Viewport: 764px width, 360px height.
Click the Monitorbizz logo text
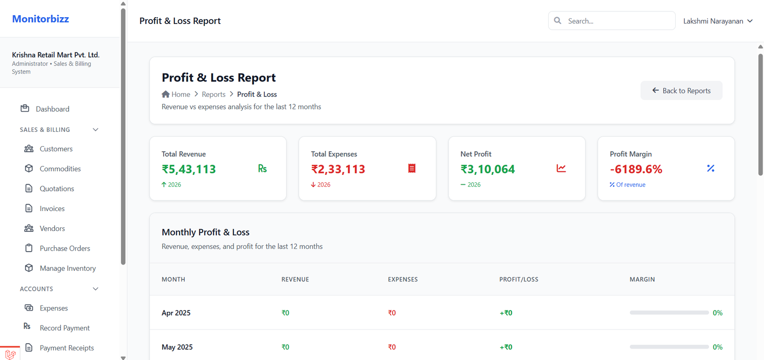[x=41, y=19]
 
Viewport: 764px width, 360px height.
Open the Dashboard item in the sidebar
[x=52, y=109]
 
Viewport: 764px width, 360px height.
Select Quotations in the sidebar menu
[x=56, y=189]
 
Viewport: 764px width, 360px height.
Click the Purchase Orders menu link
[x=64, y=248]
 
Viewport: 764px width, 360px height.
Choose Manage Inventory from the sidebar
[x=67, y=268]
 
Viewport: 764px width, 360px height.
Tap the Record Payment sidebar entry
[x=64, y=328]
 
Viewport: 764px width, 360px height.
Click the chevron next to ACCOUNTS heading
[x=95, y=289]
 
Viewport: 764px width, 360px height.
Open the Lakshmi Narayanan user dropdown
[x=717, y=21]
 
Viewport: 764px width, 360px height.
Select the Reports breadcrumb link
[x=213, y=95]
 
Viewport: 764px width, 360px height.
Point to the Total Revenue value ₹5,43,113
[x=189, y=169]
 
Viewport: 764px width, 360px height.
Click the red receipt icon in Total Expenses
[x=412, y=168]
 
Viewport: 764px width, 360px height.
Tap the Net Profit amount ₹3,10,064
[x=488, y=169]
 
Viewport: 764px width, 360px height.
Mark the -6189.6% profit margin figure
[x=636, y=169]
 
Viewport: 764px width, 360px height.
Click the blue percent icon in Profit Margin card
[x=711, y=168]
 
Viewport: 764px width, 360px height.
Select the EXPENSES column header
[x=403, y=279]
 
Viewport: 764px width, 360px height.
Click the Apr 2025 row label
[x=176, y=313]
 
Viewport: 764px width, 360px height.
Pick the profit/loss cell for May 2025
[x=506, y=347]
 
